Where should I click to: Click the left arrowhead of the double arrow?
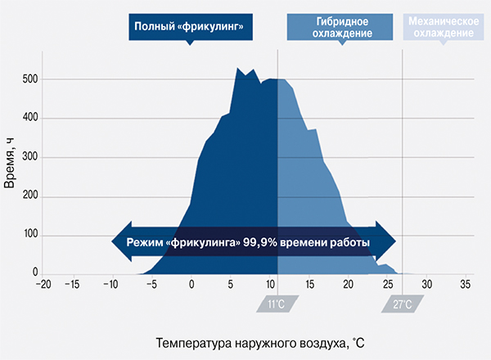(119, 243)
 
